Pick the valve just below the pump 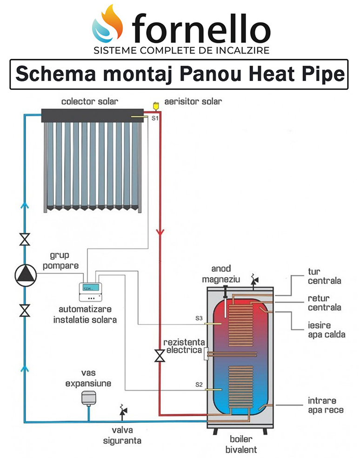(24, 310)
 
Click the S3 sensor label (199, 319)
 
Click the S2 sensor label (199, 385)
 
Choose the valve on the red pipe (160, 355)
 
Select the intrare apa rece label (325, 405)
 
